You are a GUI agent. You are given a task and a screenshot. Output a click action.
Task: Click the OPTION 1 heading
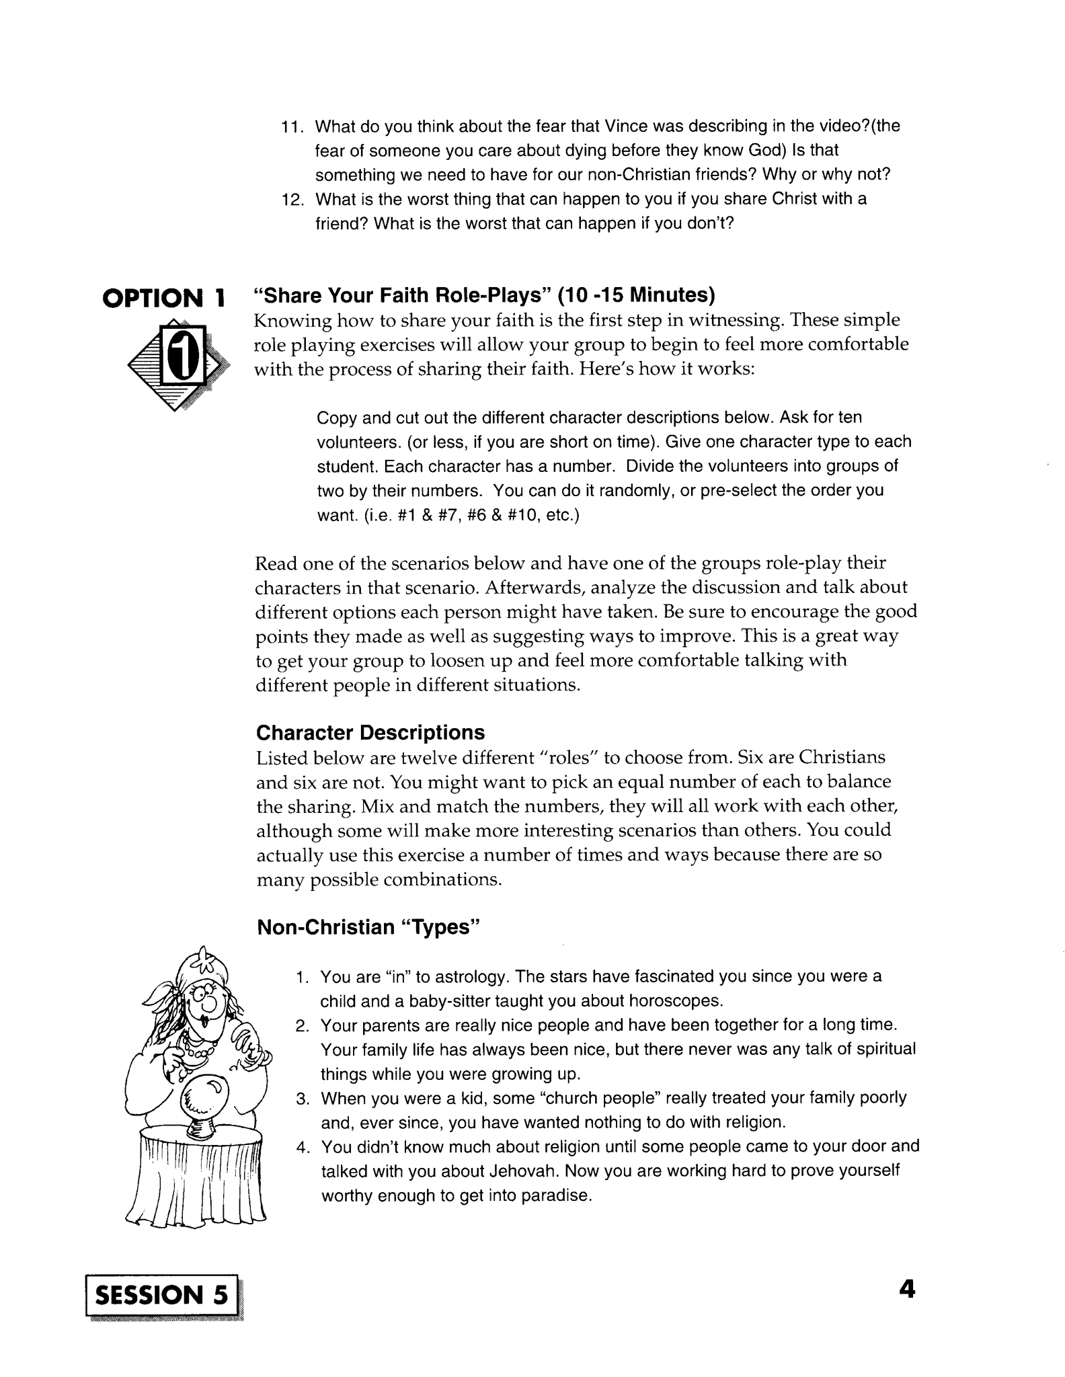[x=163, y=298]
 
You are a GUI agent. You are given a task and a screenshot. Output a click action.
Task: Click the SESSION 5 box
[x=162, y=1294]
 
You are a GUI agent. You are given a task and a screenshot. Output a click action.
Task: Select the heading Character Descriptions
[x=370, y=732]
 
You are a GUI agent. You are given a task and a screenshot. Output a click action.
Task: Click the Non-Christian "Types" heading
[x=369, y=927]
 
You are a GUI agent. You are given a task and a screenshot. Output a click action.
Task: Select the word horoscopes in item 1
[x=675, y=1001]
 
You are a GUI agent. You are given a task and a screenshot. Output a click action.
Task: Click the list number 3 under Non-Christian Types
[x=302, y=1099]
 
